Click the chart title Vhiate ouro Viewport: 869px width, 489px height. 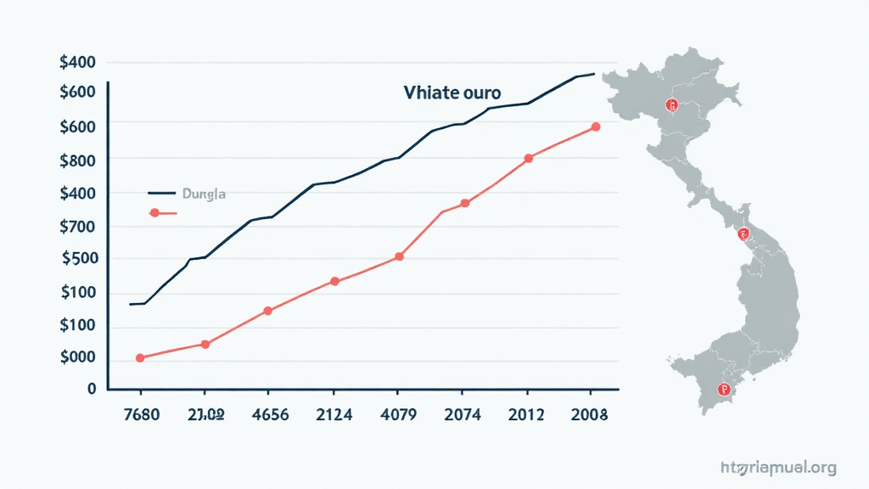[x=452, y=93]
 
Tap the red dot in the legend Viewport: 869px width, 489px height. [x=154, y=213]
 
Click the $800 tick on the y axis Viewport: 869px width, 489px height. [x=78, y=160]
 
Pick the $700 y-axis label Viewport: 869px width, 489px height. [x=78, y=227]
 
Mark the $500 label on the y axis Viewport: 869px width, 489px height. [x=78, y=259]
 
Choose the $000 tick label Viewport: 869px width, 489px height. [x=78, y=358]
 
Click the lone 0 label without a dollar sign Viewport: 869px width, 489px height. [x=92, y=389]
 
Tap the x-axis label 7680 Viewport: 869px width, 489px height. [x=142, y=415]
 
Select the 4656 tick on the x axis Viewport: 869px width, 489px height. [x=268, y=415]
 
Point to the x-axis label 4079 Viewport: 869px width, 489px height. [x=397, y=415]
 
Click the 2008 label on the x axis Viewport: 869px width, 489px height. [x=590, y=415]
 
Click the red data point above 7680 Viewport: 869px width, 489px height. [x=140, y=358]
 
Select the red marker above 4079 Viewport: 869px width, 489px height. [x=400, y=256]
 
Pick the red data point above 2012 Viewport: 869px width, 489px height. [x=528, y=158]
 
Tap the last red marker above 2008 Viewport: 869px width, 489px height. [x=596, y=126]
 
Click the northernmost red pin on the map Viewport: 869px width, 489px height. [x=672, y=105]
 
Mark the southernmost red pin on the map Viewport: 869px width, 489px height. [x=723, y=391]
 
